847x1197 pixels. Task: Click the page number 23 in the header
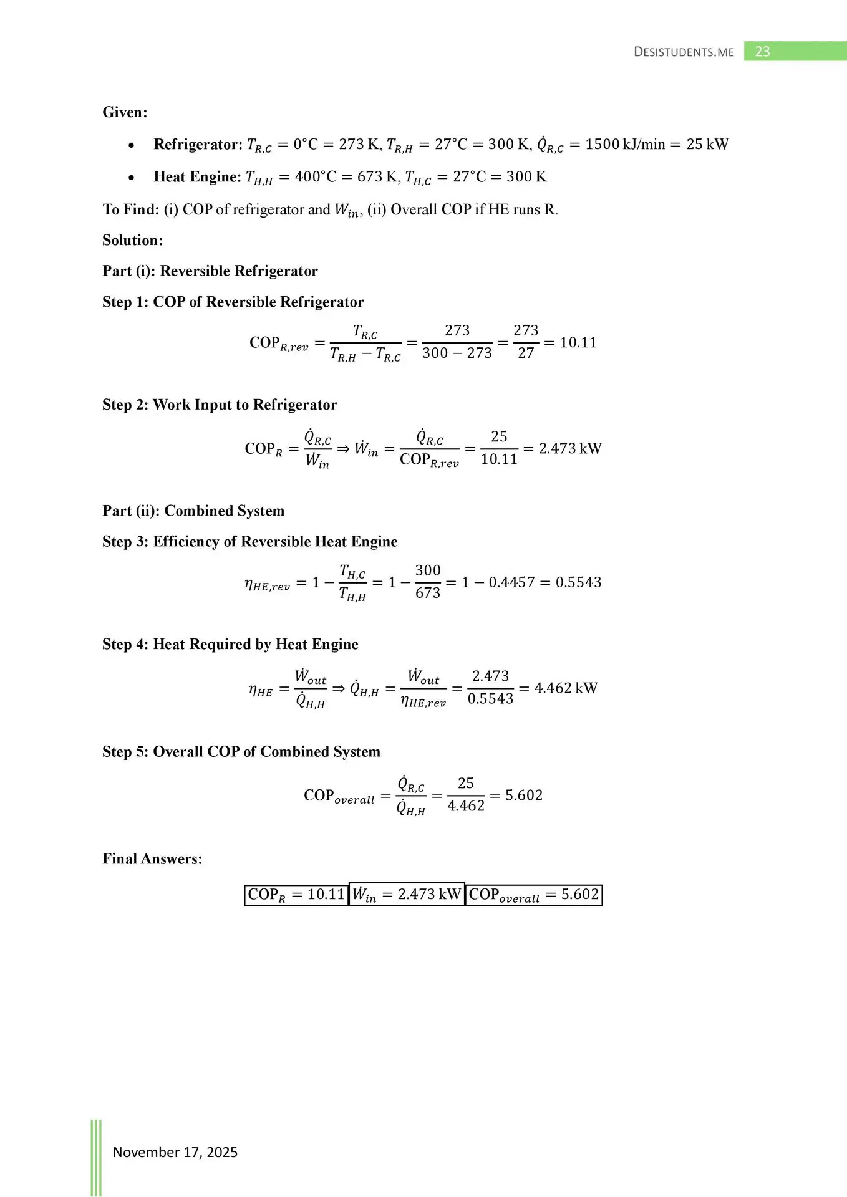762,52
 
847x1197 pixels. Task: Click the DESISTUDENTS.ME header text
684,52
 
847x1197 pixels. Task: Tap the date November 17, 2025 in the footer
175,1152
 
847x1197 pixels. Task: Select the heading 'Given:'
125,112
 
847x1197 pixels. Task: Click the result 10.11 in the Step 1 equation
578,342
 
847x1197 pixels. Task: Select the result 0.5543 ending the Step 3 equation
578,582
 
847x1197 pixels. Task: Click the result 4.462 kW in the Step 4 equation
566,688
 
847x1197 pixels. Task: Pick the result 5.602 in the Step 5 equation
523,796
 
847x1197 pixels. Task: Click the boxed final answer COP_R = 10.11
296,895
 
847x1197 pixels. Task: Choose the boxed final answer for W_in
407,895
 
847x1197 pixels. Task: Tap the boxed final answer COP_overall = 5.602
534,895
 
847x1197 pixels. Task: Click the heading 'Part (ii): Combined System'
193,511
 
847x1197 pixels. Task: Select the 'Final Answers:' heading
152,858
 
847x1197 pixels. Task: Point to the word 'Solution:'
132,240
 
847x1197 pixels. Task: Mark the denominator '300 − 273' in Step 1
457,353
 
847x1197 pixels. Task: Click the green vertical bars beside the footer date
96,1157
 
